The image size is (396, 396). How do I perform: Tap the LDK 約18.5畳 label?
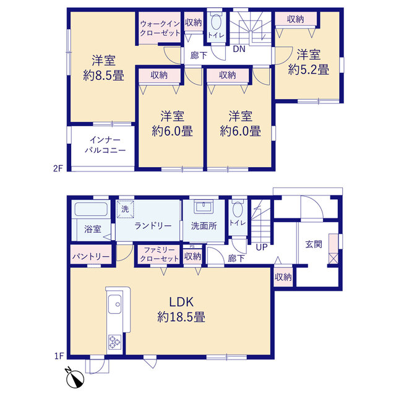(x=181, y=309)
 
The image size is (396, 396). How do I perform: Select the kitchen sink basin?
(x=114, y=304)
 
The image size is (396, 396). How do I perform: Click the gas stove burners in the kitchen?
(x=114, y=342)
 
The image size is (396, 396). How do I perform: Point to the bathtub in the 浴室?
(x=91, y=209)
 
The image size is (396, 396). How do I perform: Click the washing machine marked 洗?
(x=125, y=209)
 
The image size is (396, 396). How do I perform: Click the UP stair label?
(x=261, y=247)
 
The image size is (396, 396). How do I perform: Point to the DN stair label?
(x=239, y=49)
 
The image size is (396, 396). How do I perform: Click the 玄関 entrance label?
(x=314, y=244)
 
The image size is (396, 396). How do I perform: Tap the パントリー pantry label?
(x=91, y=257)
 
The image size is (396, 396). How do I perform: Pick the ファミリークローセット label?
(x=159, y=254)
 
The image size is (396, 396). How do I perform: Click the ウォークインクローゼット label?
(x=160, y=28)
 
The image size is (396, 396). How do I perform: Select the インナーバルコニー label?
(x=105, y=145)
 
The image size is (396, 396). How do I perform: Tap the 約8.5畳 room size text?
(x=103, y=75)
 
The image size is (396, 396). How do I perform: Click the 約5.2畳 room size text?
(x=308, y=69)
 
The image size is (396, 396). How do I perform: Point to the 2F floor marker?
(x=58, y=168)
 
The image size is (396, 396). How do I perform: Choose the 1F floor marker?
(x=59, y=356)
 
